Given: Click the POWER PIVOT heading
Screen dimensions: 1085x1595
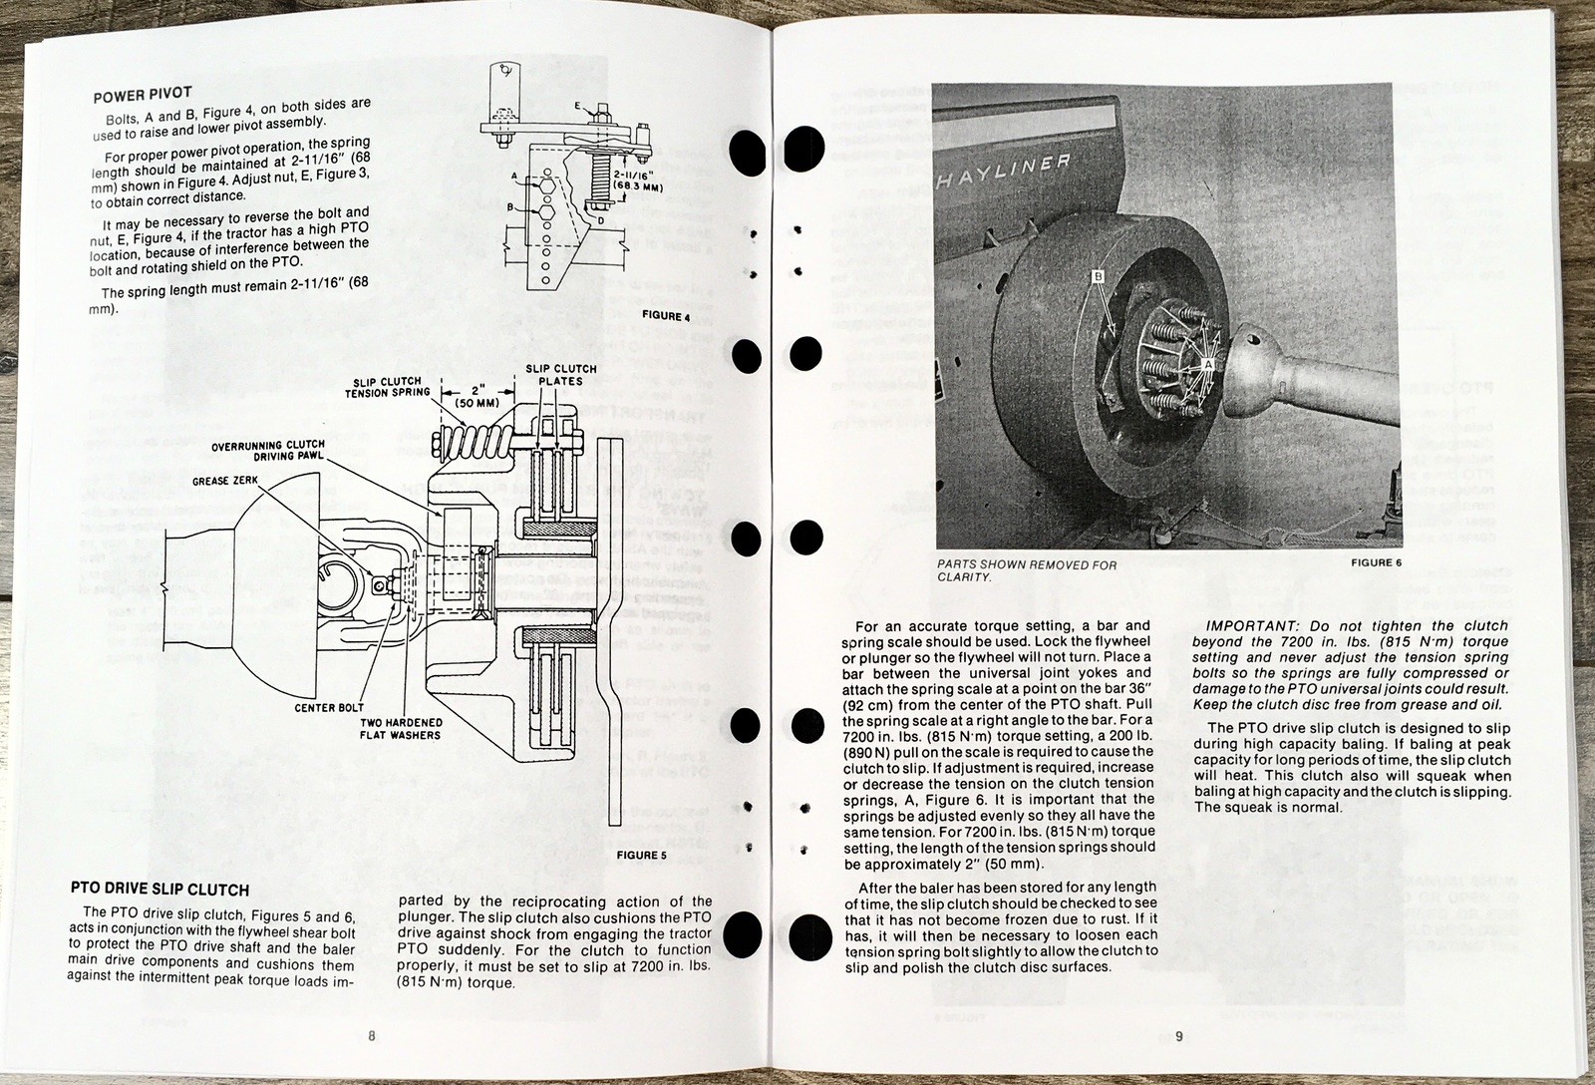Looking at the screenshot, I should click(142, 97).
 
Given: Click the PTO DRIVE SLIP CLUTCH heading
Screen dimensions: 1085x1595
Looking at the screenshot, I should click(159, 889).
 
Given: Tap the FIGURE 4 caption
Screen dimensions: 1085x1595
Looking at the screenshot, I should click(666, 316).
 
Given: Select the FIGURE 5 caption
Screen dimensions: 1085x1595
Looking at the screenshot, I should click(642, 855).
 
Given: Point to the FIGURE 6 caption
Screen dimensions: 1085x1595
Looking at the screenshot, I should click(1377, 562).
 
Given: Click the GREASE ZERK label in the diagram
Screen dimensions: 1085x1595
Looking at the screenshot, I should click(226, 481).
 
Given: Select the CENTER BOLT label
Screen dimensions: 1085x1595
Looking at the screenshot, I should click(329, 708).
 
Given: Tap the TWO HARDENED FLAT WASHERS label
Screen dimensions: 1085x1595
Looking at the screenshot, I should click(401, 729).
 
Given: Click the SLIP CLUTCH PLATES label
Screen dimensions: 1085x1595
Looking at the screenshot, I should click(561, 375).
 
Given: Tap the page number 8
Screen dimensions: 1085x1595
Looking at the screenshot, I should click(371, 1036).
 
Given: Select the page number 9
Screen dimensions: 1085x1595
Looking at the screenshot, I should click(1178, 1036).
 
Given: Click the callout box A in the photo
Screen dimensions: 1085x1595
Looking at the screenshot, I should click(1209, 364).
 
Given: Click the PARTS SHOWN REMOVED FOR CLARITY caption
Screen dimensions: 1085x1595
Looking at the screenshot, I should click(1027, 570).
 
